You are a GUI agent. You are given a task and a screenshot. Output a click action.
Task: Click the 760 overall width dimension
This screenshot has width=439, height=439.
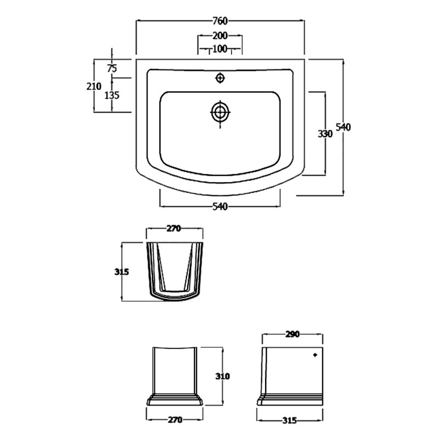(220, 21)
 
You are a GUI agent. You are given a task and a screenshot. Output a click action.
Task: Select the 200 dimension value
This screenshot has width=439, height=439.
(220, 36)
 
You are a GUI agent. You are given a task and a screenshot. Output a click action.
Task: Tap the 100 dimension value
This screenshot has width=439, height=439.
(220, 49)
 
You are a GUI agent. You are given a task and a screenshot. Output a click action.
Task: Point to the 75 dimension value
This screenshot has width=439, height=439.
(112, 68)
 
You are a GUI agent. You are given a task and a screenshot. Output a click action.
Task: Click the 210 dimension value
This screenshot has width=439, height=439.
(94, 86)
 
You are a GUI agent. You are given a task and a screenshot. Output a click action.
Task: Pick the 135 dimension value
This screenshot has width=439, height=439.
(112, 95)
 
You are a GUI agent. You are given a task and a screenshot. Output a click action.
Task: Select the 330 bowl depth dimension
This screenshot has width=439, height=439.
(325, 134)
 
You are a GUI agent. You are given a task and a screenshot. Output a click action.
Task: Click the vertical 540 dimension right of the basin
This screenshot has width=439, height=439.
(343, 127)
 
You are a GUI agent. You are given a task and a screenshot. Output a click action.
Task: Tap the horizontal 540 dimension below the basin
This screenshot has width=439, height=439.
(220, 207)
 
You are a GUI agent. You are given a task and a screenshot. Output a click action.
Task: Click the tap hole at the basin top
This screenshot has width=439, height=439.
(221, 78)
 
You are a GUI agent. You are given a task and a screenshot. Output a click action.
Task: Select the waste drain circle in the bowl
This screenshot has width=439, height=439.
(221, 112)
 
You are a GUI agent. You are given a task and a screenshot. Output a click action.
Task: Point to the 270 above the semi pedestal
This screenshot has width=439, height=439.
(174, 228)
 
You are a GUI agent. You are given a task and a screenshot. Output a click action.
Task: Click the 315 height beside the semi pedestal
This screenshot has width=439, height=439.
(121, 272)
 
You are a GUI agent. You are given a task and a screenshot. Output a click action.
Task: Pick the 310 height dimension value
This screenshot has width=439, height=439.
(223, 376)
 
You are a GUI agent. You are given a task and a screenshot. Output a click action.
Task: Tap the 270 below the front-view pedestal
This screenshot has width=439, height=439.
(175, 420)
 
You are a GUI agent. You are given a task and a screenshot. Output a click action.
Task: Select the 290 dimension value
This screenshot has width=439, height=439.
(292, 334)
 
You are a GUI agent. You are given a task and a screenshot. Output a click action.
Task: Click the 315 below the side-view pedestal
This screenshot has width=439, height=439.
(290, 420)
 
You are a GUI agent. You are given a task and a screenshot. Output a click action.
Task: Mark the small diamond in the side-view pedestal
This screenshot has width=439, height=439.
(315, 355)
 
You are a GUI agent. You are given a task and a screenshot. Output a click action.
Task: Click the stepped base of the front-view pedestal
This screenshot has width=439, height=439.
(175, 400)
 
